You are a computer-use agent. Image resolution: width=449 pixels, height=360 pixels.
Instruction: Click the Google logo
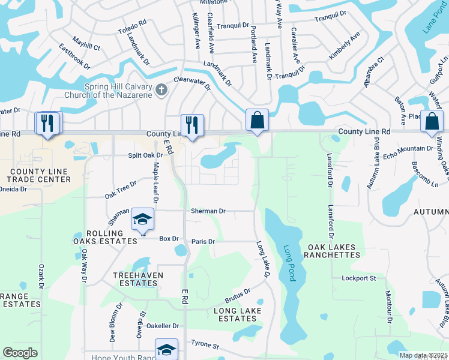click(20, 353)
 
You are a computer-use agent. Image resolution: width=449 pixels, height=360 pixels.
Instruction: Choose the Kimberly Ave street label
click(344, 46)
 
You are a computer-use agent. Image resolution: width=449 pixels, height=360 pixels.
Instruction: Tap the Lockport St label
click(358, 278)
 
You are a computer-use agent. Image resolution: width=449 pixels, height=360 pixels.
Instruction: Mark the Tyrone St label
click(205, 345)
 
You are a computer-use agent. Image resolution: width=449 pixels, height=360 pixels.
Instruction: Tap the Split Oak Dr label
click(129, 155)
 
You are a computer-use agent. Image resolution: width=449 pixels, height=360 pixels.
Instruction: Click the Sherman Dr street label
click(208, 211)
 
